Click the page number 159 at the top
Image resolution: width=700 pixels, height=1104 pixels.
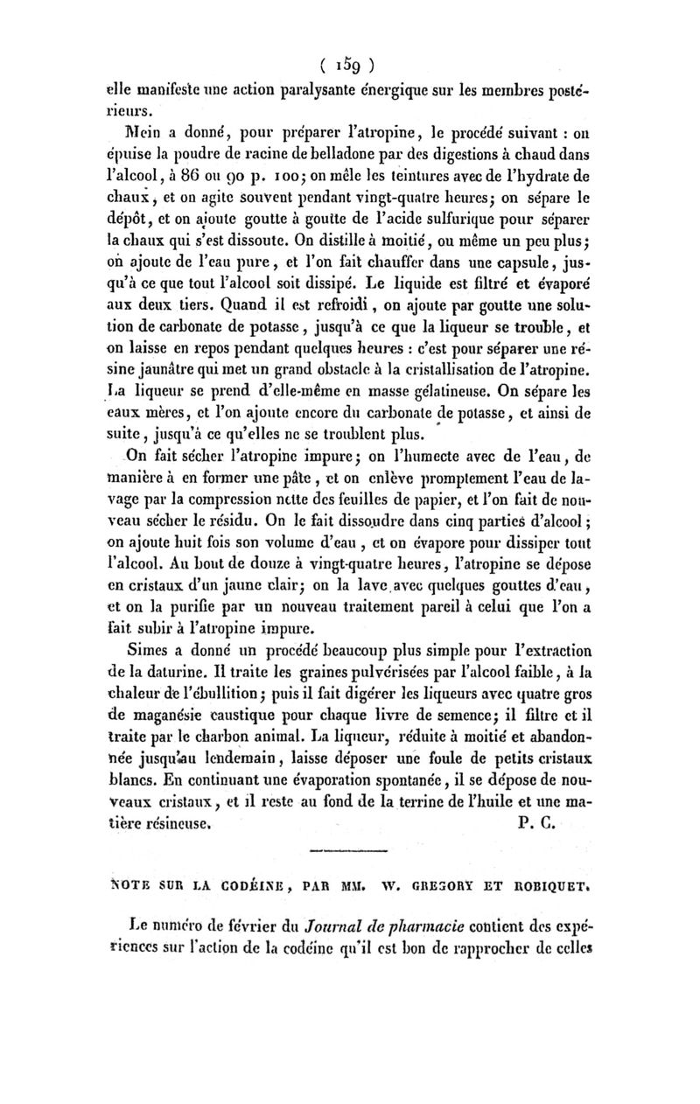coord(349,64)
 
